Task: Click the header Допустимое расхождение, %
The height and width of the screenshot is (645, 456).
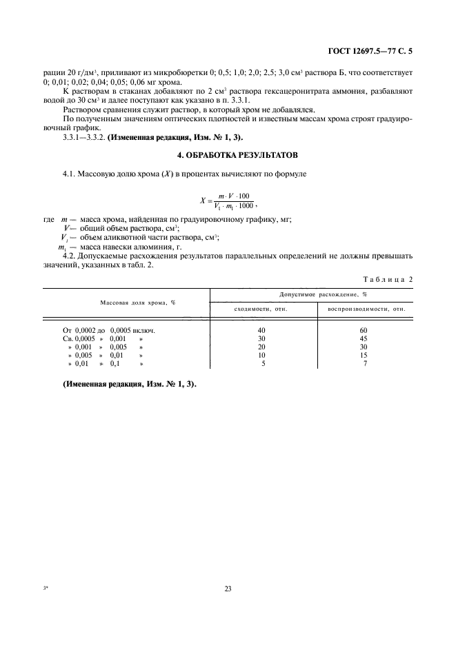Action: click(x=313, y=294)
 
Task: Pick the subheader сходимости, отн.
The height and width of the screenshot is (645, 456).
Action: click(x=261, y=309)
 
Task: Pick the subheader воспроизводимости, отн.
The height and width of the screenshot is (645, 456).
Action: click(x=366, y=309)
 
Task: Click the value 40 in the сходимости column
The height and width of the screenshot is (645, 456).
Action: click(x=261, y=330)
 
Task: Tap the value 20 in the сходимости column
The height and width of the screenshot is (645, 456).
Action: click(x=261, y=347)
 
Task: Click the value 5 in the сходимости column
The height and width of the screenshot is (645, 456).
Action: click(x=263, y=363)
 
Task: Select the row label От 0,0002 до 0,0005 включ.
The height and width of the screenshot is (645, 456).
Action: click(x=108, y=330)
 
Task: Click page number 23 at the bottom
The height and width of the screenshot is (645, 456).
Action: click(x=228, y=588)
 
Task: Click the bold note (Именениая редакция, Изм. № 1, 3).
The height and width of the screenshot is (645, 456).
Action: click(x=129, y=385)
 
